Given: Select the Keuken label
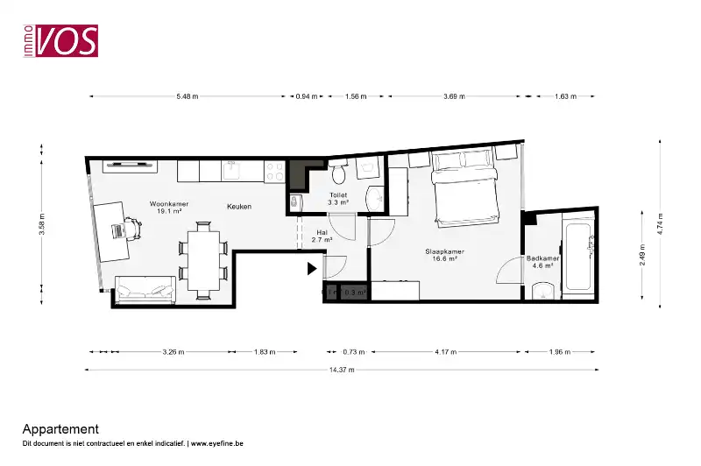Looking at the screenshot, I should (x=239, y=207).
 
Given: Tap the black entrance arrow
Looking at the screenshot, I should (x=312, y=269).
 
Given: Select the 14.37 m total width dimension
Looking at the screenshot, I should (x=342, y=370).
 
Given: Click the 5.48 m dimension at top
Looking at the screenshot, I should (x=187, y=96).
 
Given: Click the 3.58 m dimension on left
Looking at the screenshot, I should (x=41, y=226).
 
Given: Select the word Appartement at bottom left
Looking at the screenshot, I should (x=60, y=429).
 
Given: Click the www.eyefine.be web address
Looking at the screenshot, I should (x=217, y=444).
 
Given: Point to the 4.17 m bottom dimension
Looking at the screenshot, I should (x=446, y=352).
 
